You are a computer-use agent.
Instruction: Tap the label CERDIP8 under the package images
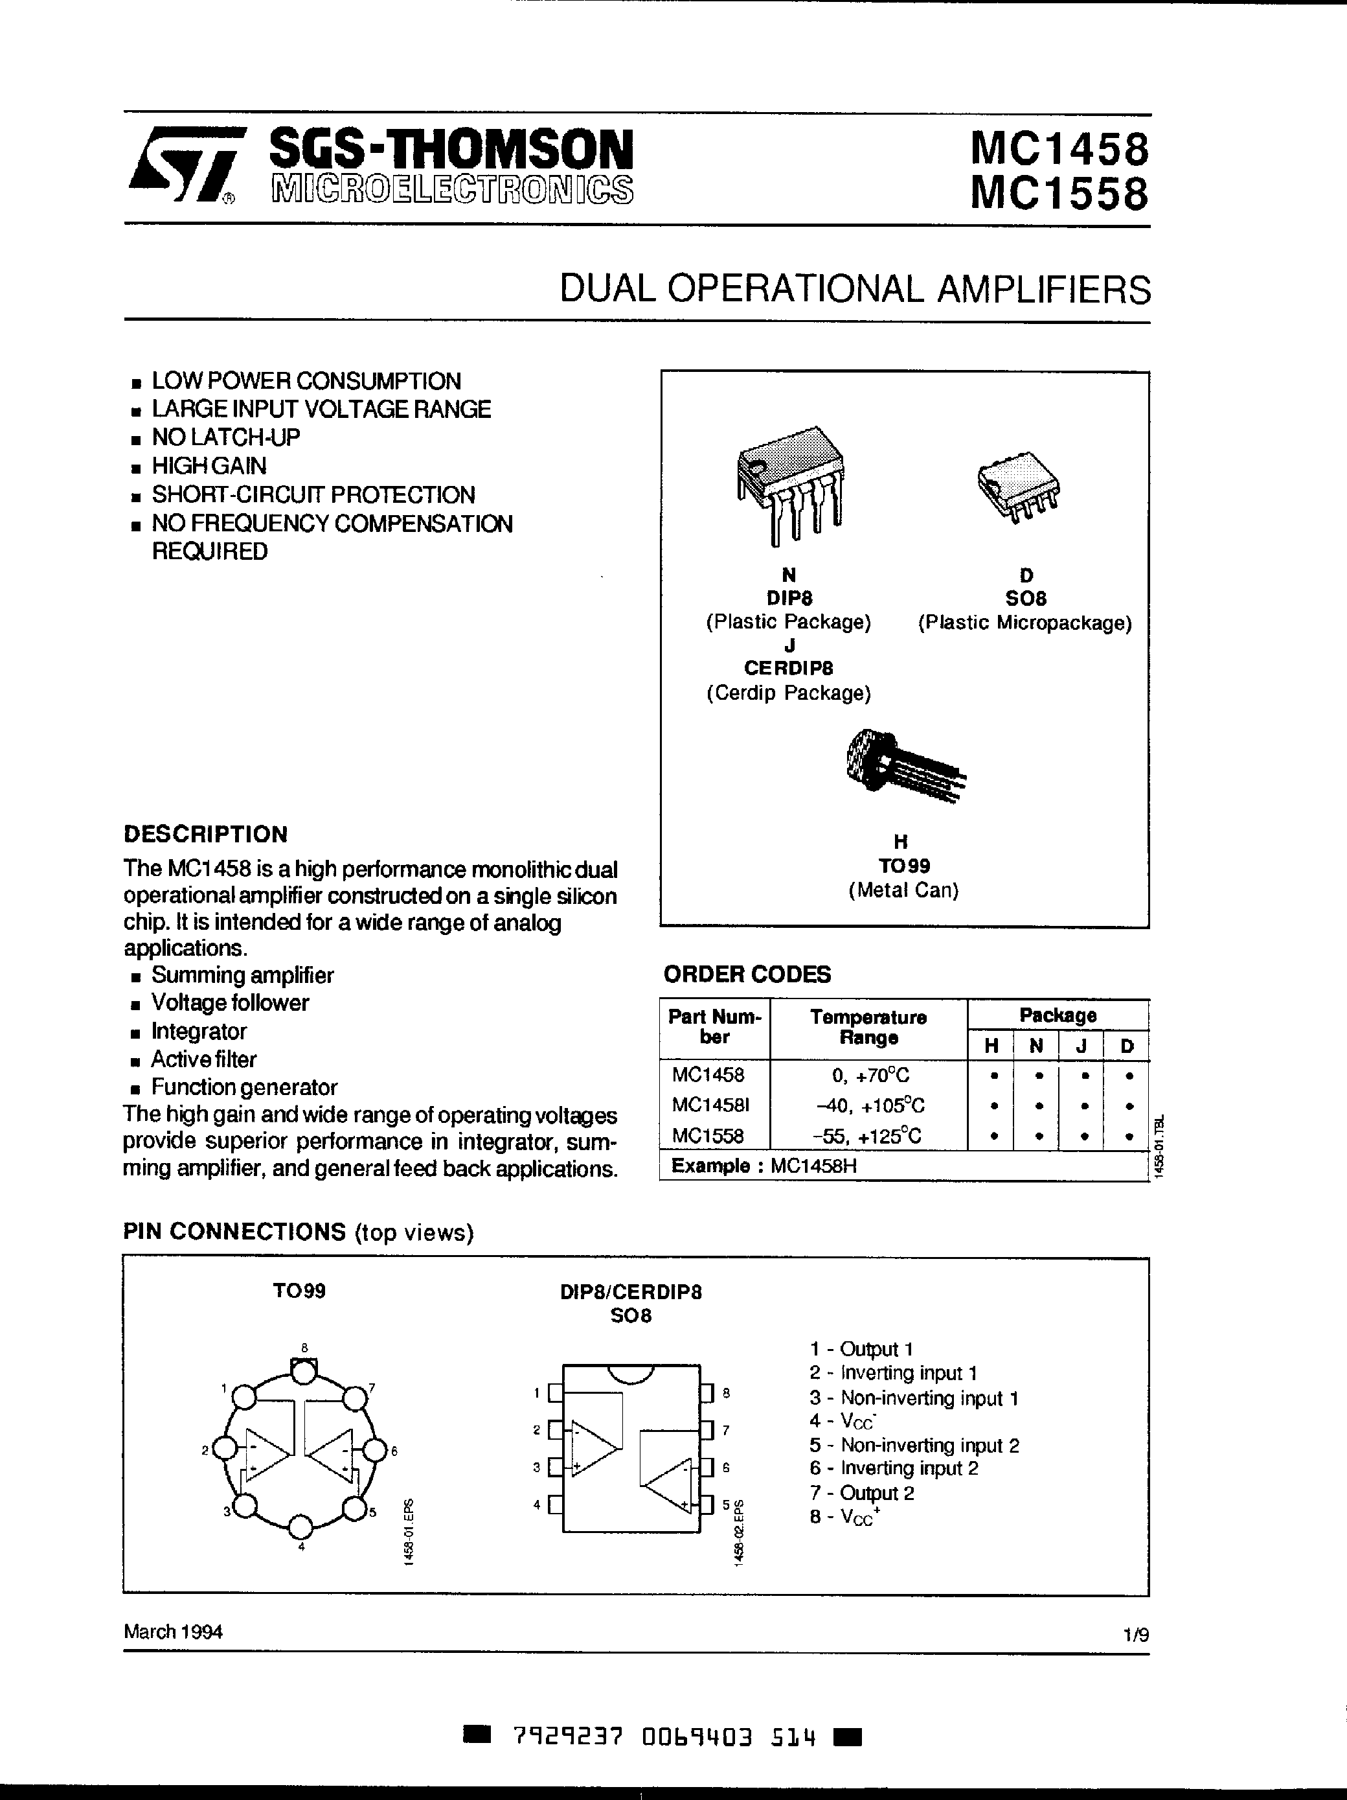tap(788, 668)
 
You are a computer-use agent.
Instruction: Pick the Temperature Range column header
tap(868, 1028)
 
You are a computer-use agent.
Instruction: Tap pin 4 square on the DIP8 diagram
tap(556, 1505)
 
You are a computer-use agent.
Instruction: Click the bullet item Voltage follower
tap(229, 1002)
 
